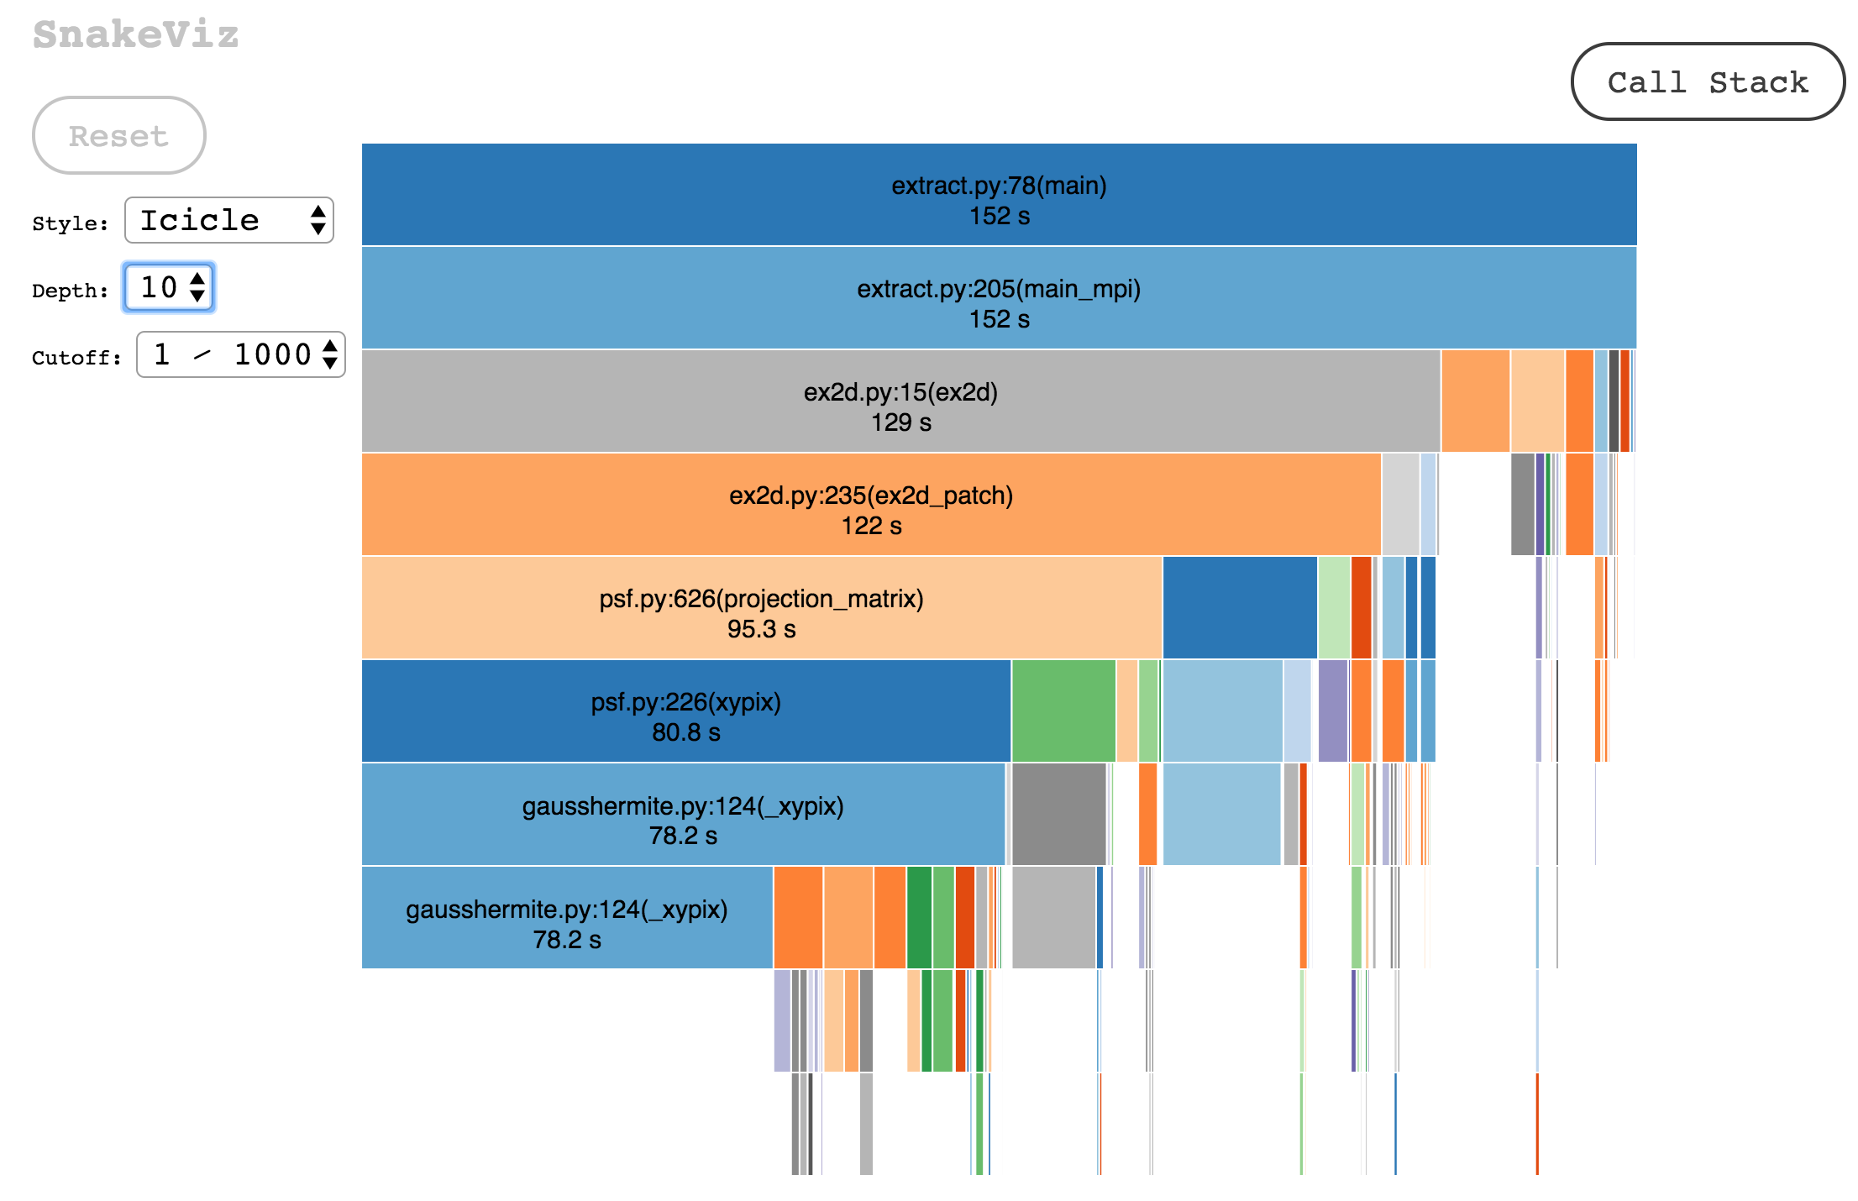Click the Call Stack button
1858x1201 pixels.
point(1707,81)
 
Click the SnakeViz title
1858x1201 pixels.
point(136,34)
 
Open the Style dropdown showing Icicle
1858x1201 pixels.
point(228,220)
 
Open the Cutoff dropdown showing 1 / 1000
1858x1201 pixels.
point(241,354)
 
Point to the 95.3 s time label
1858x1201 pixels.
point(761,629)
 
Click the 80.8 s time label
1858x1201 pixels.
point(685,732)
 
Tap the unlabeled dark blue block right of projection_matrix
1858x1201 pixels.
point(1239,607)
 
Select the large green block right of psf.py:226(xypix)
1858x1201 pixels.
point(1063,711)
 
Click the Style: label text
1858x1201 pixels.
point(71,223)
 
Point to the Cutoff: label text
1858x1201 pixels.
point(76,358)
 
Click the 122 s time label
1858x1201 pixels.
point(871,526)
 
